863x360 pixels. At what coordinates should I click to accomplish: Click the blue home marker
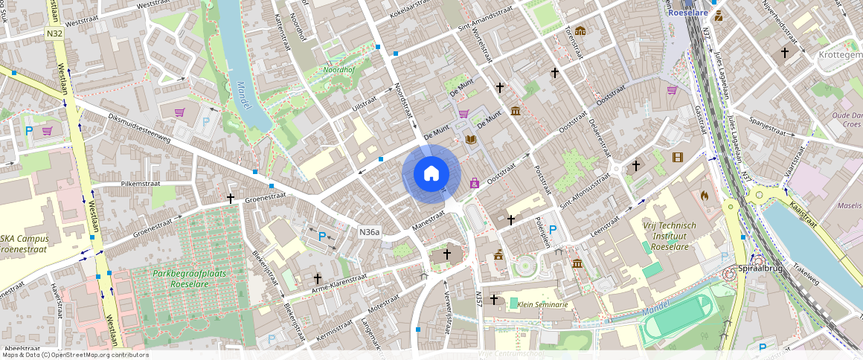tap(431, 174)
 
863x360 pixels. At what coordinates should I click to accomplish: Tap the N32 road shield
tap(54, 33)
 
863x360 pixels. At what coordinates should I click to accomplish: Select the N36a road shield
tap(370, 232)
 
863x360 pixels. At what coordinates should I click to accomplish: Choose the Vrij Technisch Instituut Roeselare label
tap(669, 236)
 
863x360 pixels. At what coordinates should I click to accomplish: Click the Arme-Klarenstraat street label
tap(339, 283)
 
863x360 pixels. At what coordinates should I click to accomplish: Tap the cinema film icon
tap(677, 157)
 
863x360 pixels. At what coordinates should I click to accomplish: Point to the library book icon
tap(470, 139)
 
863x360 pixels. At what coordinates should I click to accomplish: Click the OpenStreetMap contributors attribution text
tap(74, 355)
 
